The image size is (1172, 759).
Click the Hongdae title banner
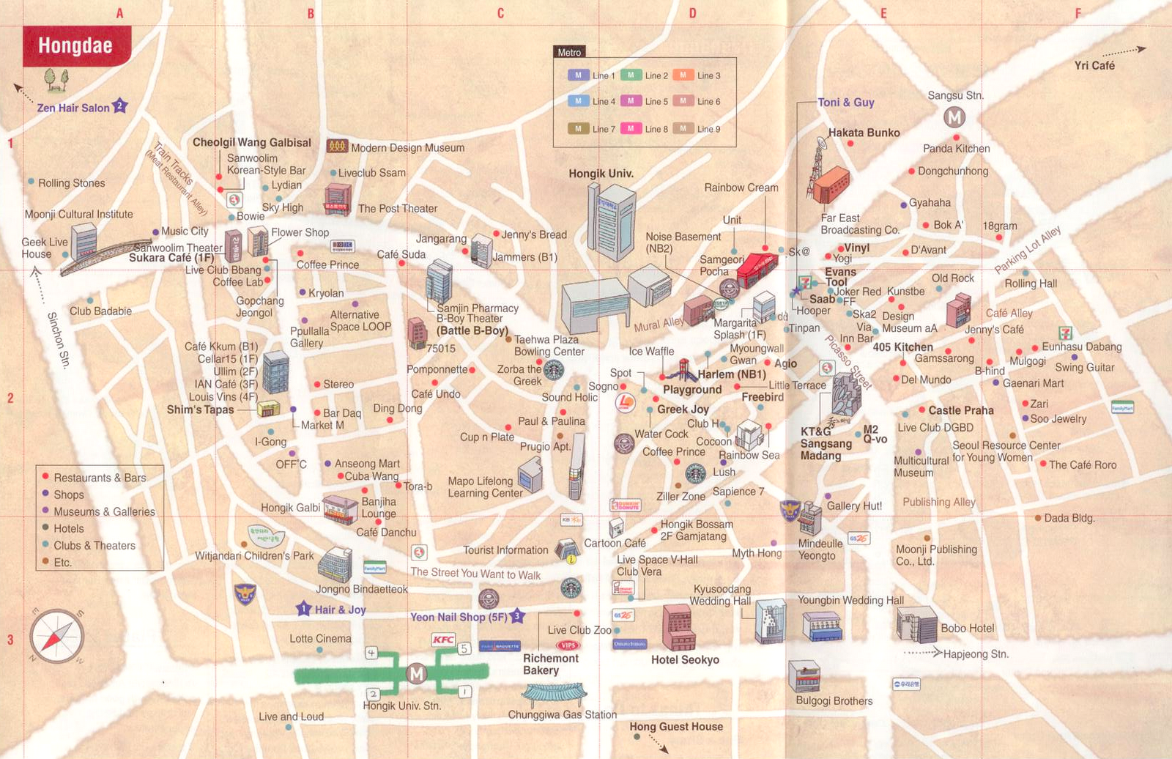click(75, 45)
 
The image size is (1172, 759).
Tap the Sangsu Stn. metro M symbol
click(954, 116)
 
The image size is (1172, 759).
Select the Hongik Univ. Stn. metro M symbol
click(416, 673)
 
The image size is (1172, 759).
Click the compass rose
click(56, 636)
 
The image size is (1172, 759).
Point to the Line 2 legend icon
click(631, 75)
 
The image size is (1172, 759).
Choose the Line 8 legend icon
click(631, 128)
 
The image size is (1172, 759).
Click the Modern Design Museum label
click(407, 147)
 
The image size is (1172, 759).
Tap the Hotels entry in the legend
click(69, 528)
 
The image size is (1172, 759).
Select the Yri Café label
click(1094, 65)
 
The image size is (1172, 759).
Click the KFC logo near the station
click(443, 640)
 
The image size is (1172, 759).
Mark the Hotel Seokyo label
click(685, 659)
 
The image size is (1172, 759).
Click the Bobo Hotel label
click(968, 628)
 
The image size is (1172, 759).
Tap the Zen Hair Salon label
click(73, 108)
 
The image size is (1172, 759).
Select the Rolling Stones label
click(72, 182)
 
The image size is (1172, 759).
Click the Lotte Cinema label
click(320, 638)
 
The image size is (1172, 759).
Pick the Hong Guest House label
click(676, 726)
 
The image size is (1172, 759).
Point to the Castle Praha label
click(961, 410)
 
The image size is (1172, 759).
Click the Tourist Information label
click(505, 549)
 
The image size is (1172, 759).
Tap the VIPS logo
click(568, 645)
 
